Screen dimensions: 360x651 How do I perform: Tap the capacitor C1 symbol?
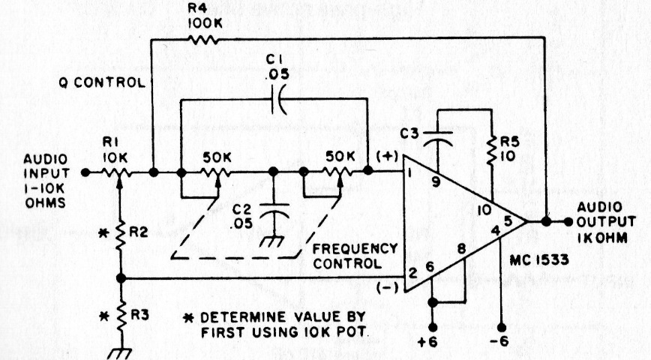coord(279,102)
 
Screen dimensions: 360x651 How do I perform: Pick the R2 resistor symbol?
coord(120,235)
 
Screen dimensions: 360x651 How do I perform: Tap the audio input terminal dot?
coord(85,172)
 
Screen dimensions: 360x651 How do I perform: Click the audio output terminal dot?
coord(568,222)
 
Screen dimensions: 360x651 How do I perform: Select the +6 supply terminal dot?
coord(433,328)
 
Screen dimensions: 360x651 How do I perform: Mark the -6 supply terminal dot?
coord(503,328)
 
